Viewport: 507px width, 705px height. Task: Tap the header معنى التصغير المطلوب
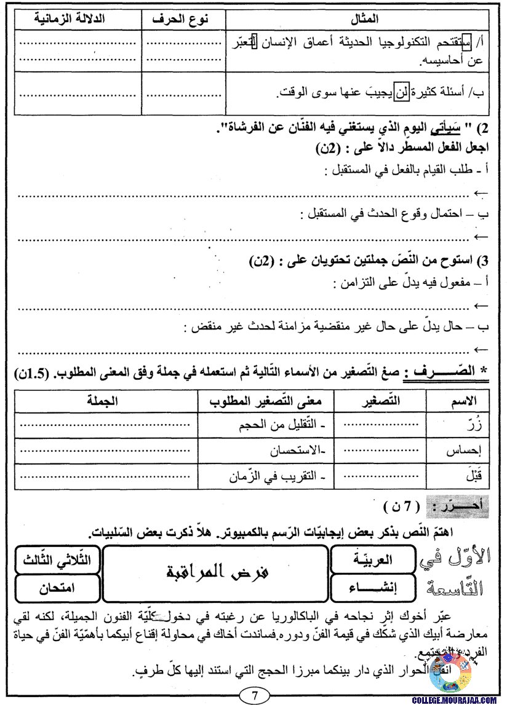pyautogui.click(x=268, y=401)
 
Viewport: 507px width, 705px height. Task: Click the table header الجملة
pyautogui.click(x=103, y=401)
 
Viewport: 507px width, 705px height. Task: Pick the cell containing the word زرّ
pyautogui.click(x=467, y=423)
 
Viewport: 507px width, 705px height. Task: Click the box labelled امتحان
pyautogui.click(x=58, y=588)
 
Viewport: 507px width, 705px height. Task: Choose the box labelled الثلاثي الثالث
pyautogui.click(x=58, y=559)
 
